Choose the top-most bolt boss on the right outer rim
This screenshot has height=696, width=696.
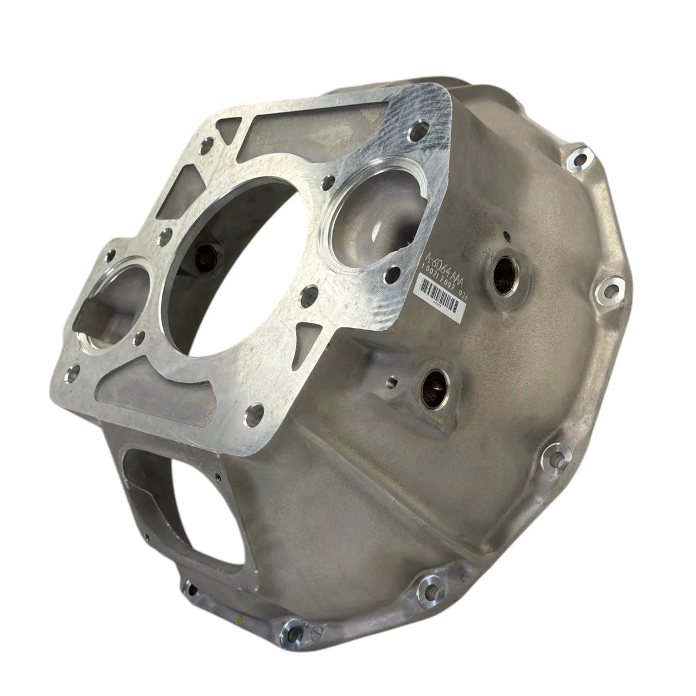tap(576, 155)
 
